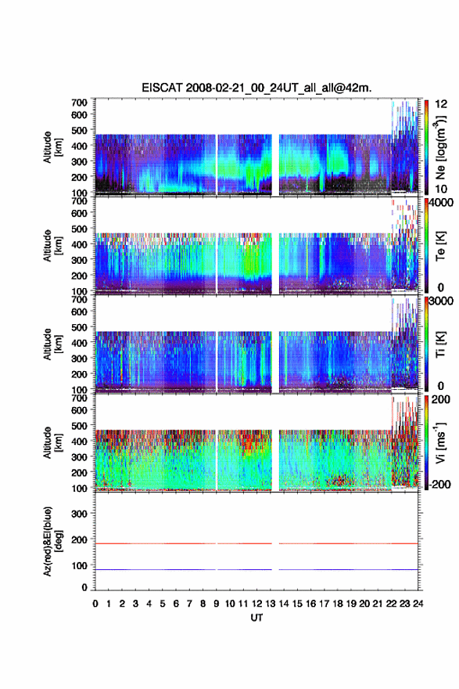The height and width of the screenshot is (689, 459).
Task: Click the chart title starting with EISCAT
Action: tap(256, 88)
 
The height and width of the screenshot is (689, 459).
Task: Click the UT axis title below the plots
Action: tap(256, 618)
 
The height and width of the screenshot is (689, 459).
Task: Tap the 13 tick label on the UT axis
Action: tap(271, 604)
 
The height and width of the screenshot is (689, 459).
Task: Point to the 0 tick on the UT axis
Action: tap(95, 604)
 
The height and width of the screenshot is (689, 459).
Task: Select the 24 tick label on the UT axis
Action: tap(418, 604)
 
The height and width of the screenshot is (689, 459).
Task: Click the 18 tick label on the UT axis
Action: tap(338, 604)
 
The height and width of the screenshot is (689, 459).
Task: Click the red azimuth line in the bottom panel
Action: tap(256, 543)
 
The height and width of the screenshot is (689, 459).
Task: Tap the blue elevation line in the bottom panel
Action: tap(256, 569)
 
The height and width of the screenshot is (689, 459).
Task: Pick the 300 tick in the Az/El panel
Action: tap(79, 514)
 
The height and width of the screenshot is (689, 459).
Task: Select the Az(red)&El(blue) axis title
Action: tap(52, 541)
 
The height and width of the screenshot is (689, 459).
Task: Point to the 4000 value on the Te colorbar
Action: tap(441, 202)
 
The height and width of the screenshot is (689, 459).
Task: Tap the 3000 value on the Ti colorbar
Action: tap(441, 301)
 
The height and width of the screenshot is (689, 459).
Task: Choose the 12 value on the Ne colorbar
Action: tap(441, 103)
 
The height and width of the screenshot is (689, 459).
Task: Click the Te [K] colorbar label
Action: tap(440, 247)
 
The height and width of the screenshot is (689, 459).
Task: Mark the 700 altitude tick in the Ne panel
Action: tap(79, 103)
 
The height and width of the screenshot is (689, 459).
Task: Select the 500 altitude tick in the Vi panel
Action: tap(79, 426)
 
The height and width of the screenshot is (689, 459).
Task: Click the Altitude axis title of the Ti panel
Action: tap(52, 344)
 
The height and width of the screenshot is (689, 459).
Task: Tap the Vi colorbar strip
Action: tap(426, 442)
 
